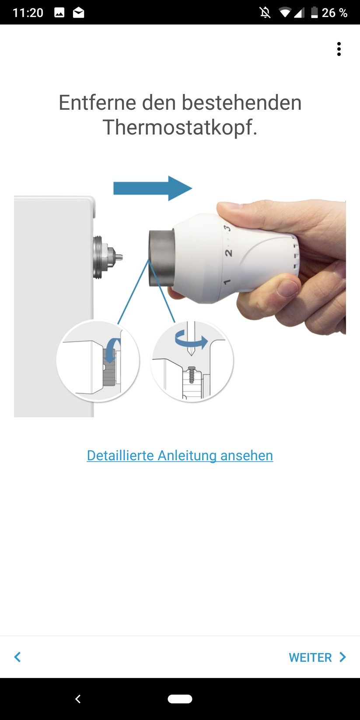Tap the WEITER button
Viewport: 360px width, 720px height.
click(x=317, y=657)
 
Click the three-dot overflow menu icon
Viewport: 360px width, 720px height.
click(x=339, y=49)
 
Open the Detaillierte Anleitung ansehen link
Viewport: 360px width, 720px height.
click(x=180, y=455)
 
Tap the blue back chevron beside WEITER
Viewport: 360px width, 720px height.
click(x=17, y=657)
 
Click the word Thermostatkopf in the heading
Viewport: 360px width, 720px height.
click(x=180, y=127)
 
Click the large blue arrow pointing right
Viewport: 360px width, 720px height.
click(x=153, y=188)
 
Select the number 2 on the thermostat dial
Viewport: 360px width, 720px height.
click(x=228, y=253)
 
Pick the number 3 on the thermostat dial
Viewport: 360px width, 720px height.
click(x=227, y=228)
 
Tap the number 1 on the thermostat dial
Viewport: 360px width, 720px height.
click(x=227, y=282)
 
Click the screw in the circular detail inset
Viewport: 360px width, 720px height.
click(x=192, y=374)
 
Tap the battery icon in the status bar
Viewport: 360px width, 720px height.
click(x=315, y=13)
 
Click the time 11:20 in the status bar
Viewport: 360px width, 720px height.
click(x=28, y=13)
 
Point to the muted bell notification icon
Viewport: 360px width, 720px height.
click(x=265, y=13)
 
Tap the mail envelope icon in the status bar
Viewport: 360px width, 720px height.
click(x=78, y=13)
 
